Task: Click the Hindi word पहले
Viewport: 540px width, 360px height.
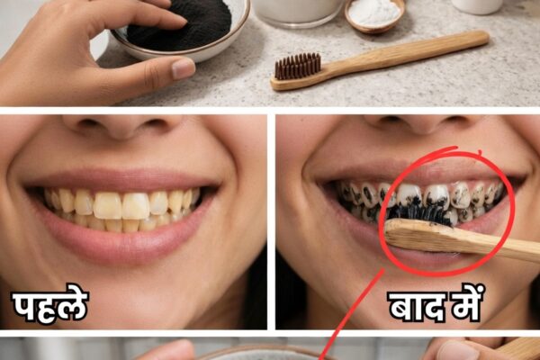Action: [50, 304]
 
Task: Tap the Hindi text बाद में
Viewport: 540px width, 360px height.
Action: [436, 303]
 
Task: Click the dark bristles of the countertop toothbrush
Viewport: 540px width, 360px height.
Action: [298, 66]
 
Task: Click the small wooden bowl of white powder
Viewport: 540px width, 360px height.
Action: [374, 14]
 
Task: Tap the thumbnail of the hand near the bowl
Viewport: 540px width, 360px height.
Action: [184, 67]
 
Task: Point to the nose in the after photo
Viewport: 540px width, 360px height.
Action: [420, 125]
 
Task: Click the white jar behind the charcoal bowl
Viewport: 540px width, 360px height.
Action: [298, 12]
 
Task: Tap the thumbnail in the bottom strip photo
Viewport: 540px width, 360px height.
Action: [458, 351]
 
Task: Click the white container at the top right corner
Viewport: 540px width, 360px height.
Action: [477, 6]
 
